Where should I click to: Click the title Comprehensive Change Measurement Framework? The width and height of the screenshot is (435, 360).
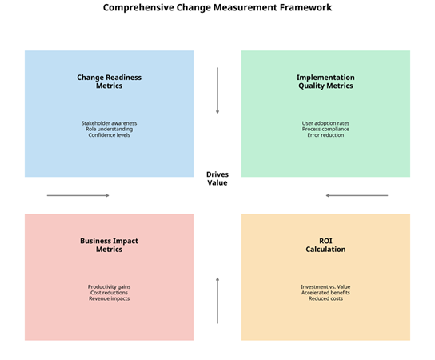217,7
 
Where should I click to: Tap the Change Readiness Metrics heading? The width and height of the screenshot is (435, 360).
109,82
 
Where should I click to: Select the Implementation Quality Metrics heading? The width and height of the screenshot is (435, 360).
325,82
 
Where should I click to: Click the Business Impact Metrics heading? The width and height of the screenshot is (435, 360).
109,245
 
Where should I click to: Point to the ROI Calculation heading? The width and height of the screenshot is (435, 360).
325,245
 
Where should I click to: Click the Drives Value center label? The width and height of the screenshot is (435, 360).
217,178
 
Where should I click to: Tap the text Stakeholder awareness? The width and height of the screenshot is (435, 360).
109,123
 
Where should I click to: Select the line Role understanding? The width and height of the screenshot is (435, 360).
109,129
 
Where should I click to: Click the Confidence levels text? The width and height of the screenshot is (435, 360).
109,135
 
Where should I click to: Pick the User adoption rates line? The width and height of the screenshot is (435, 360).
325,123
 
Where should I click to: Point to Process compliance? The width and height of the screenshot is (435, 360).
325,129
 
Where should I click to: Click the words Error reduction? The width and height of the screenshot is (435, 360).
325,135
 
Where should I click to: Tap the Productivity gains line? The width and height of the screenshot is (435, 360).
109,286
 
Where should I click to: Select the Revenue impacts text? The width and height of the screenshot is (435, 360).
109,298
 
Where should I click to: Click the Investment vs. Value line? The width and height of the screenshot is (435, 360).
325,286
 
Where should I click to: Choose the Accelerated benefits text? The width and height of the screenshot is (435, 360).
325,293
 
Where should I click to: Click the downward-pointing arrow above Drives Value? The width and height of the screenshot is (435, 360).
217,90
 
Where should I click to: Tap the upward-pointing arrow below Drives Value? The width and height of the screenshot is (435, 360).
217,300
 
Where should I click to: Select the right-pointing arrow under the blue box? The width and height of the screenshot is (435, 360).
78,195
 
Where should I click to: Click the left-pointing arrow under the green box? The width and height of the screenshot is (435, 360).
357,195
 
